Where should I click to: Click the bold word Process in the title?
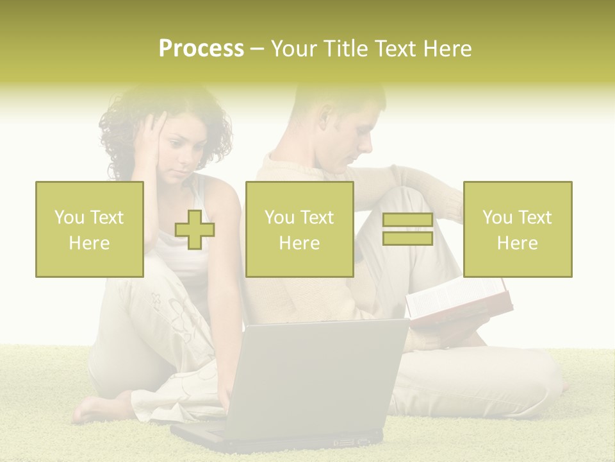click(201, 49)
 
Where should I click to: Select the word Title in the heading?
click(345, 49)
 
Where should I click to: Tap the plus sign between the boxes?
click(195, 229)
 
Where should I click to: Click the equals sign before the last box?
click(407, 229)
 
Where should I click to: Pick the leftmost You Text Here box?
click(90, 229)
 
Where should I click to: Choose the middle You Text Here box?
click(299, 229)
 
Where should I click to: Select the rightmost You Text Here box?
click(518, 229)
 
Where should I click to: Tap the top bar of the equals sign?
click(407, 220)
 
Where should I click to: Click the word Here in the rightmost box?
click(518, 243)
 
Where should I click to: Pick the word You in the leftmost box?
click(69, 217)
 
